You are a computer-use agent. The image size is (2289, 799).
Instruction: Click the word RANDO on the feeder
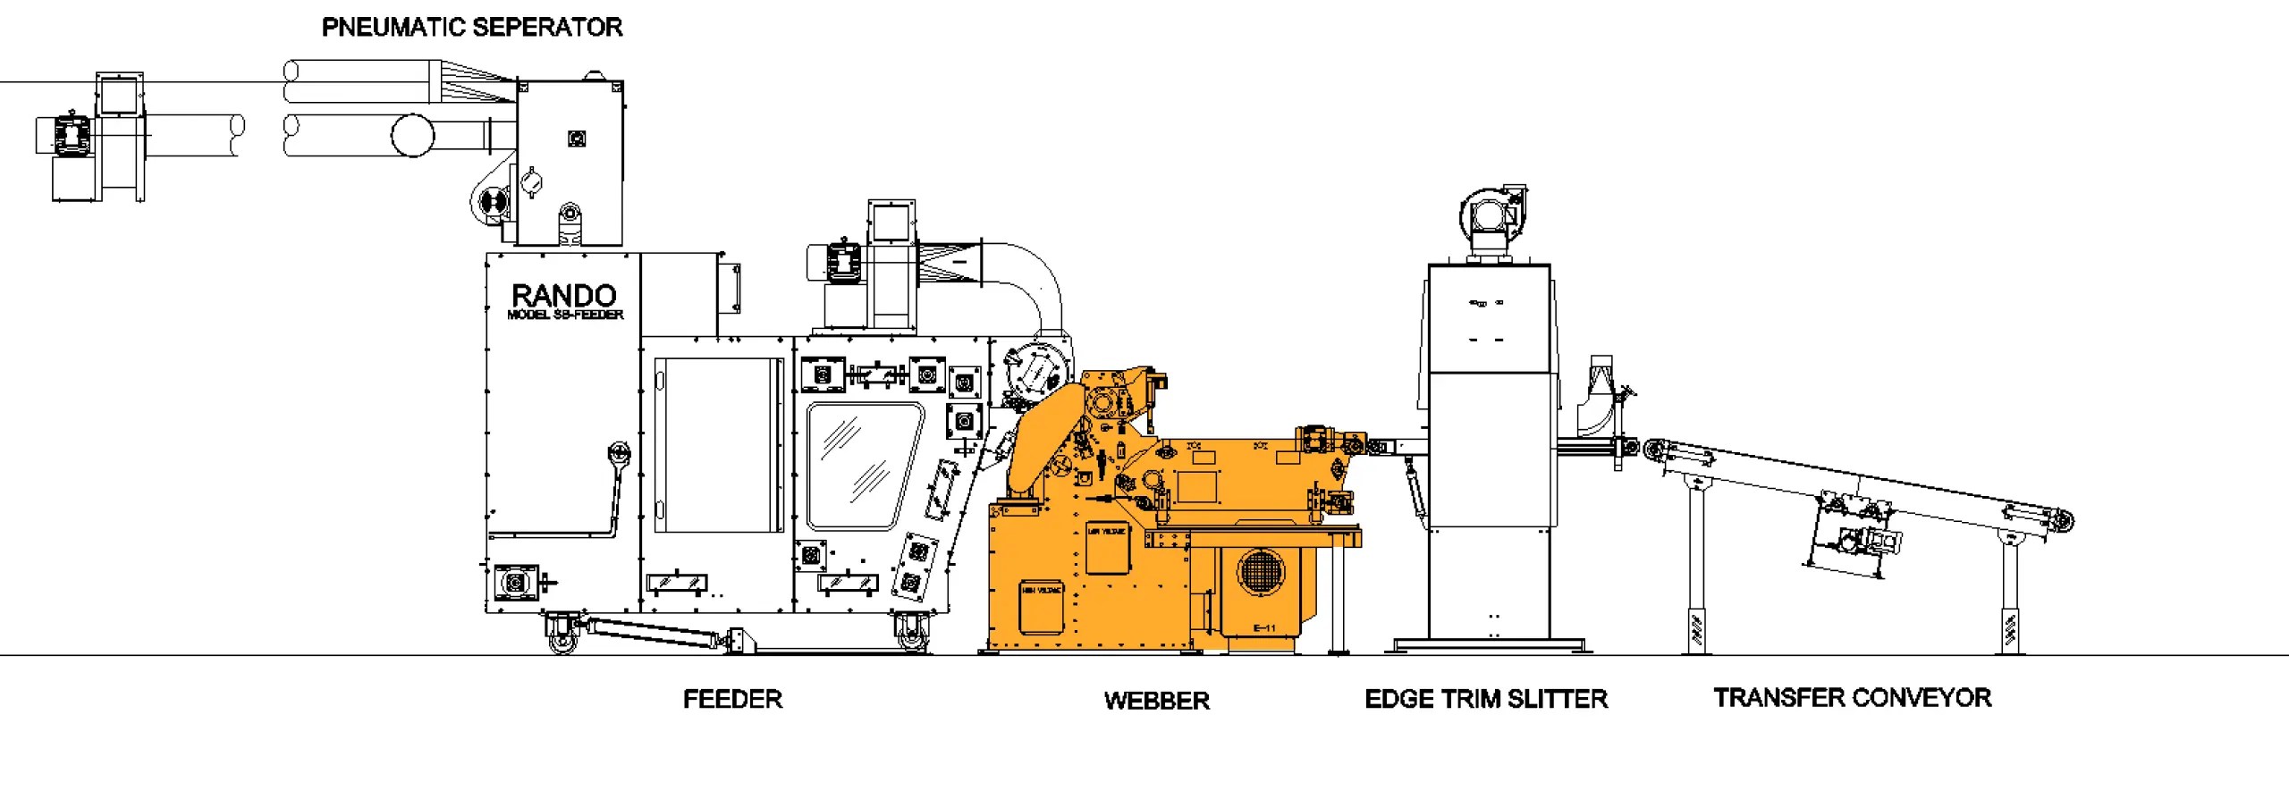[x=563, y=295]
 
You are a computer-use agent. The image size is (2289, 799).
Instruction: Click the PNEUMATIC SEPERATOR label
[x=472, y=28]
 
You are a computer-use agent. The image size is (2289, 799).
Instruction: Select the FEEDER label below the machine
[x=732, y=699]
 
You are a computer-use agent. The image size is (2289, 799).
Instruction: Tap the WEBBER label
[x=1156, y=701]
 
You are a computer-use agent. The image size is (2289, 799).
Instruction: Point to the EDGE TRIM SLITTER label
[x=1485, y=699]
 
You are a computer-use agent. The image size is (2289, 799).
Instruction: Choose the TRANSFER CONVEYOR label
[x=1852, y=698]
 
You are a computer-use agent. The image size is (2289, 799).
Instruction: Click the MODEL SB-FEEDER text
[x=565, y=315]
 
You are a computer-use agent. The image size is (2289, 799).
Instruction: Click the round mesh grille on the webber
[x=1259, y=570]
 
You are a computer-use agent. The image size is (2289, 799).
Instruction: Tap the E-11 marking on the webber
[x=1263, y=628]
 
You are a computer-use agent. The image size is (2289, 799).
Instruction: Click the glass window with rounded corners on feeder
[x=864, y=466]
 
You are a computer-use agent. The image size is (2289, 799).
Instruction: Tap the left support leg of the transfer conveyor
[x=1694, y=572]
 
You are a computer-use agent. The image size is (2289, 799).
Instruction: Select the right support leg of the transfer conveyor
[x=2009, y=594]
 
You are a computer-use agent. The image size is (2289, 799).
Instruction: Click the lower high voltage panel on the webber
[x=1042, y=606]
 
